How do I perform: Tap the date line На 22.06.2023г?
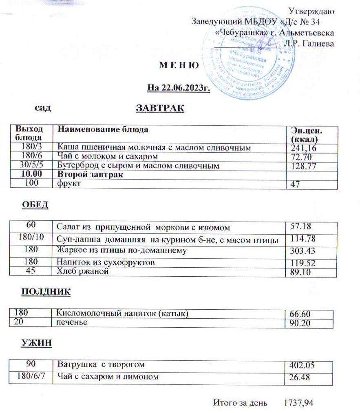(x=179, y=87)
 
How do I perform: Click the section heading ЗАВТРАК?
(x=160, y=109)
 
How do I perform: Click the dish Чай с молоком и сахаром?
(x=107, y=156)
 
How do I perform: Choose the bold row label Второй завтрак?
(x=91, y=175)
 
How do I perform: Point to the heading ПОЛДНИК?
(x=46, y=292)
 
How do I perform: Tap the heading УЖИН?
(x=37, y=343)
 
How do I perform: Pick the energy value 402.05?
(x=302, y=365)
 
